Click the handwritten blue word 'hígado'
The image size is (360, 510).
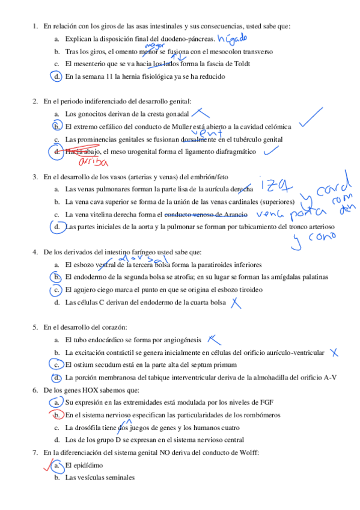pos(232,40)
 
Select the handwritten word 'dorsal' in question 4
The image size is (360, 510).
pos(142,257)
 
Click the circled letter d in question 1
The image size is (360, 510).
pos(56,76)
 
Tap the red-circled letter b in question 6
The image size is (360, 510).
pos(56,415)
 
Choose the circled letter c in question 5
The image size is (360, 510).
pos(56,364)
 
